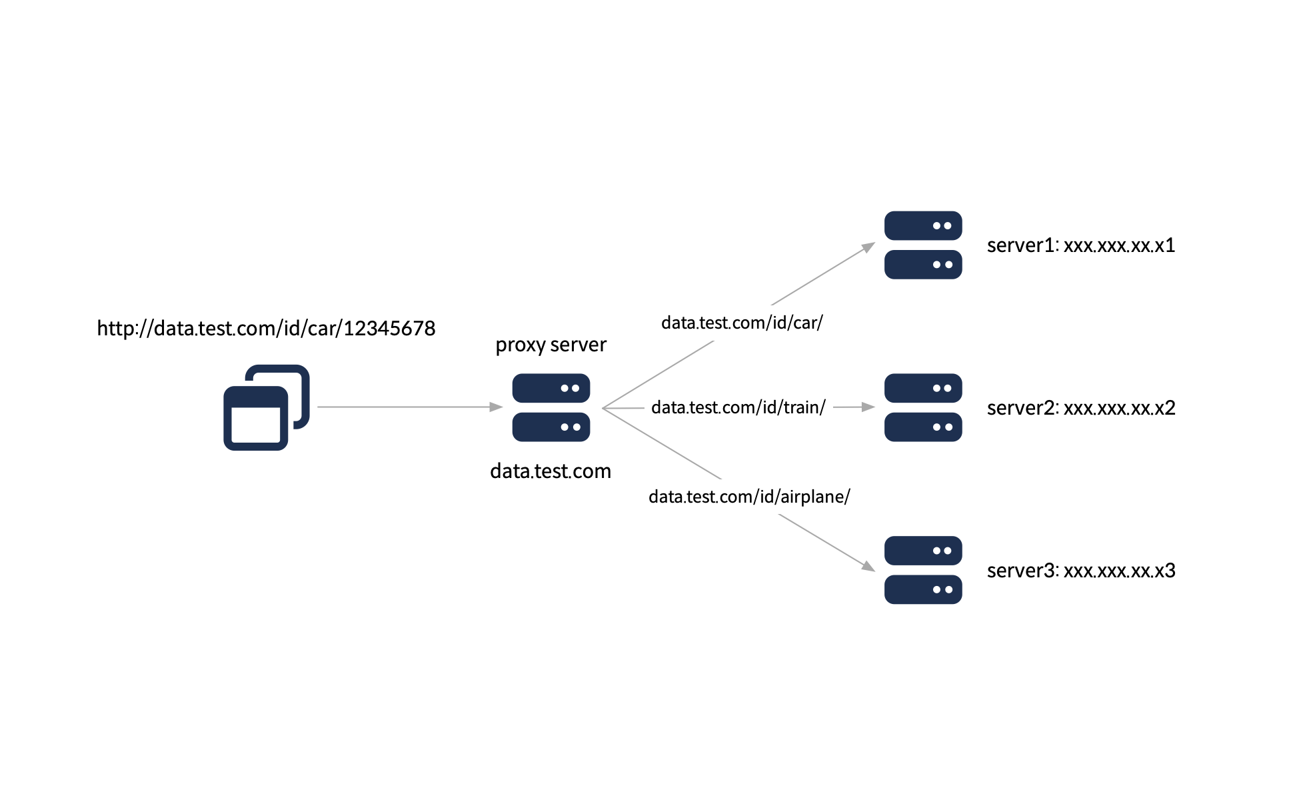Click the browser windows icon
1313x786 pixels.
(265, 407)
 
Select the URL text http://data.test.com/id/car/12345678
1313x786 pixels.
(266, 328)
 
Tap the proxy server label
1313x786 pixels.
(551, 345)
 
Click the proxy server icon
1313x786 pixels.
(551, 407)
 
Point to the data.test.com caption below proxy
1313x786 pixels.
(551, 471)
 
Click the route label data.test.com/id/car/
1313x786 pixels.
(742, 323)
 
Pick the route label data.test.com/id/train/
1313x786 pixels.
(738, 407)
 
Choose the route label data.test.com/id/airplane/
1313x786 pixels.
(749, 497)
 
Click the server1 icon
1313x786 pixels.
(922, 245)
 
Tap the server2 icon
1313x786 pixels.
(922, 407)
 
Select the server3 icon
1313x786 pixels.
(922, 570)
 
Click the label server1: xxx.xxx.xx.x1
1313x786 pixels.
(1080, 245)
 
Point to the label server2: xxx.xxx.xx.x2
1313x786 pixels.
(1080, 408)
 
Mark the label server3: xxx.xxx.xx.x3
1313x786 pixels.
(1080, 571)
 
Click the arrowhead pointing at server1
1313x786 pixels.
(868, 247)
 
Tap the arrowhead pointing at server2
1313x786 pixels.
(868, 407)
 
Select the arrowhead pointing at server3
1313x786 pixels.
(868, 567)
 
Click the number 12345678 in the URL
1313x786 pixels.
(389, 328)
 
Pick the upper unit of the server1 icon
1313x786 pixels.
(922, 226)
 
